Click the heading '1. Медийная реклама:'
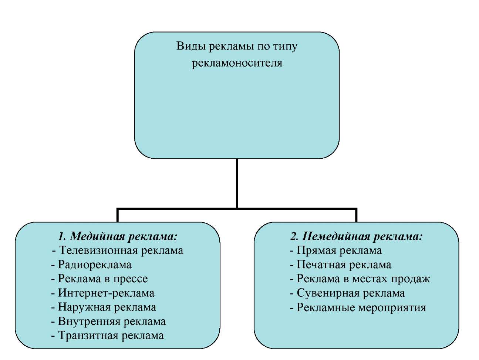pos(118,236)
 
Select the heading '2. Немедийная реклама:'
pos(356,236)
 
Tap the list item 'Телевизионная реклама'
pos(121,250)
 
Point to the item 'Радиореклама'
pos(94,265)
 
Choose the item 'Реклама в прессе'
pos(102,279)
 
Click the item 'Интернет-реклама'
pos(106,293)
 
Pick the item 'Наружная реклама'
pos(107,307)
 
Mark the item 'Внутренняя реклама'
pos(112,322)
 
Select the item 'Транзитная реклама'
pos(111,336)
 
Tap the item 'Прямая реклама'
pos(339,250)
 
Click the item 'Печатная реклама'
pos(344,265)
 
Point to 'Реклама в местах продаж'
pos(363,279)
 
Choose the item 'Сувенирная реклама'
pos(350,293)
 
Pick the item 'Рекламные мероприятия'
pos(361,307)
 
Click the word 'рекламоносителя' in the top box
pos(237,63)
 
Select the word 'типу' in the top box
pos(285,47)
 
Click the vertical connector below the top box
pos(237,183)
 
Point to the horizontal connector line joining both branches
pos(178,209)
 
